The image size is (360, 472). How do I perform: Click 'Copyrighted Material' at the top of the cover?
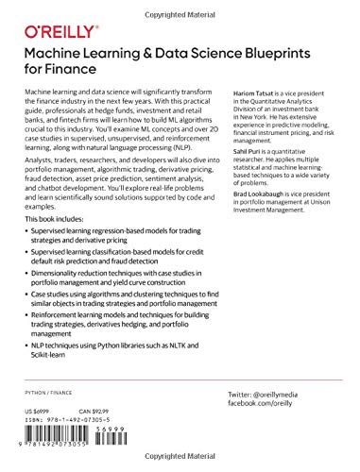180,6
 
